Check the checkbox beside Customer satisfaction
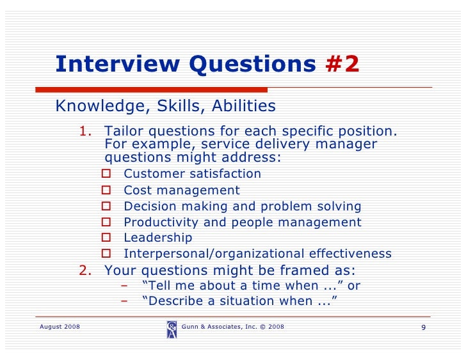107,174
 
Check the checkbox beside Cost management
107,190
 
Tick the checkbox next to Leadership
107,238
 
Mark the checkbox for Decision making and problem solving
107,206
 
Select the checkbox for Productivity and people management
107,222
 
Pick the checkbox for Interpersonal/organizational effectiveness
107,254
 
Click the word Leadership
157,238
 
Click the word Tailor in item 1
124,132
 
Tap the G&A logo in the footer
172,329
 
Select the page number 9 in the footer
423,328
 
